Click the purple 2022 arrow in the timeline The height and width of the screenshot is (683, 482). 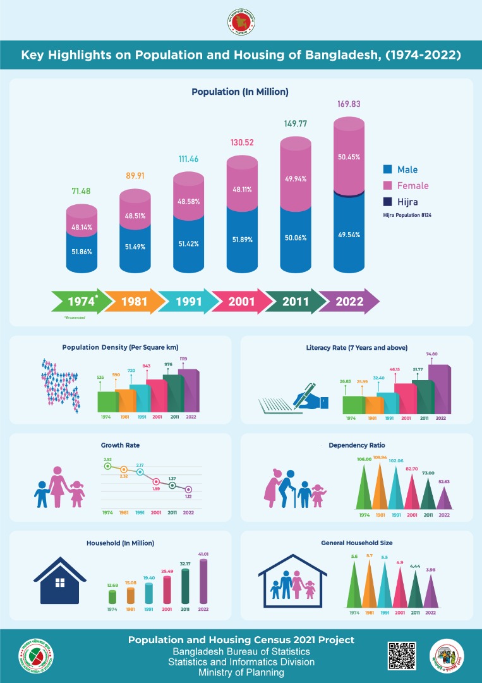[349, 302]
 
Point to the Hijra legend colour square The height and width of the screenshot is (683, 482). [388, 202]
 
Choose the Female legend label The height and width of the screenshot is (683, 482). [413, 186]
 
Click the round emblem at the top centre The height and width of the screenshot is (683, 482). [241, 23]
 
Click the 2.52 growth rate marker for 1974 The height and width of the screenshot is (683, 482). [108, 466]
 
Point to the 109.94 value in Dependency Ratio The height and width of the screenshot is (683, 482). [380, 457]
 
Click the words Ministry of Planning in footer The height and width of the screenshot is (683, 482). [241, 673]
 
